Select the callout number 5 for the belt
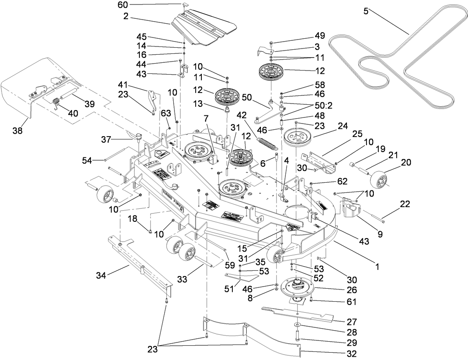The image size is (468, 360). tap(366, 11)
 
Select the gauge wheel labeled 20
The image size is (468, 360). tap(379, 178)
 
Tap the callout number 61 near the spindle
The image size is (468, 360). tap(351, 302)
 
